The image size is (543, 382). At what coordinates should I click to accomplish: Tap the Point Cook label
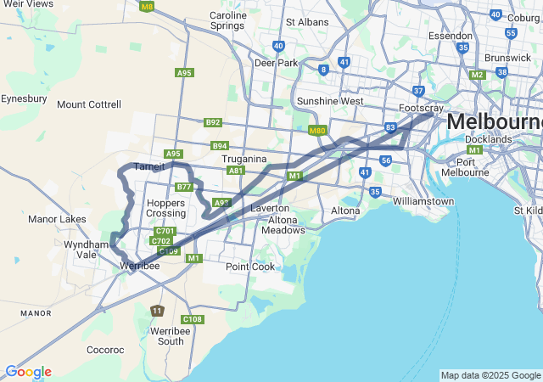tap(250, 267)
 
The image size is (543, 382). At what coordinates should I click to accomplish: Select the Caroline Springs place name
tap(228, 20)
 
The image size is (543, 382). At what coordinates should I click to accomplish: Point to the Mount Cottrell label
tap(89, 105)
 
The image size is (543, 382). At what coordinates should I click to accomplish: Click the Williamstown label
tap(423, 201)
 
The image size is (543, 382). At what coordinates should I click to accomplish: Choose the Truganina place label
tap(244, 159)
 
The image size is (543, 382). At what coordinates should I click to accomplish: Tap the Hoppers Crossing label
tap(165, 208)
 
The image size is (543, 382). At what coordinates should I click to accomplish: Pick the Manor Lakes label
tap(57, 219)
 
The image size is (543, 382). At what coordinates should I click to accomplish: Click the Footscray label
tap(422, 109)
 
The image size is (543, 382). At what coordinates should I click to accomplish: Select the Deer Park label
tap(277, 63)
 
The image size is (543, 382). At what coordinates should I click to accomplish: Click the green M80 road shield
tap(317, 131)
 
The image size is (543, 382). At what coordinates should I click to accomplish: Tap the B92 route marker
tap(213, 122)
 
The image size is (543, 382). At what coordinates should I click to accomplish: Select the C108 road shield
tap(193, 319)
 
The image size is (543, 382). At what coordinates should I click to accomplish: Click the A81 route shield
tap(237, 171)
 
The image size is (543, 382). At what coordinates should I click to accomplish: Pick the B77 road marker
tap(185, 187)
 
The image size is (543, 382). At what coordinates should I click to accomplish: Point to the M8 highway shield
tap(148, 7)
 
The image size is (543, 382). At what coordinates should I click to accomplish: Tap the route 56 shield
tap(386, 160)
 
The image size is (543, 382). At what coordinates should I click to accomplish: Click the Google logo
tap(28, 372)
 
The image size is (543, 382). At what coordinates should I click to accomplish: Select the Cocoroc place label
tap(105, 349)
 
